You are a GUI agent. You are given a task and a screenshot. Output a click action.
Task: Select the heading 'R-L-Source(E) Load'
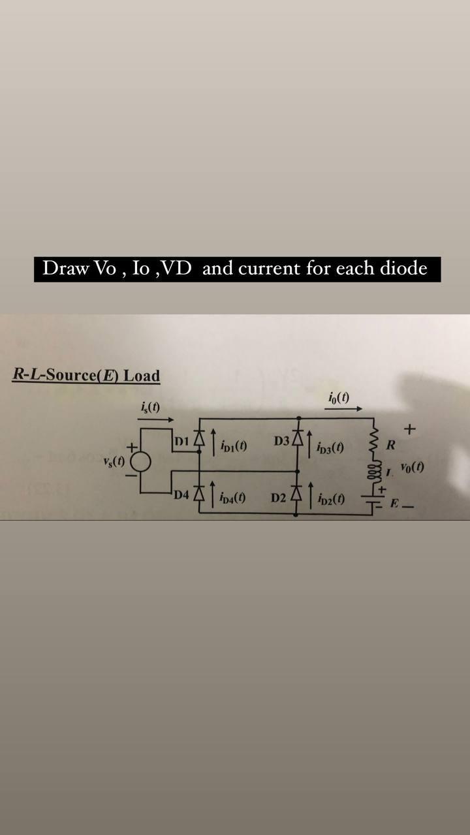click(86, 376)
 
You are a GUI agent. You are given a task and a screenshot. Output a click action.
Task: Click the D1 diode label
click(182, 441)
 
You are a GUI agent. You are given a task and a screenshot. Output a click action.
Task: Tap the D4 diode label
click(181, 494)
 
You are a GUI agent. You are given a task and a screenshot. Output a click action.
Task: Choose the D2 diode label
click(279, 499)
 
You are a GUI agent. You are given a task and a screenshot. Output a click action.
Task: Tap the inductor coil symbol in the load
click(375, 471)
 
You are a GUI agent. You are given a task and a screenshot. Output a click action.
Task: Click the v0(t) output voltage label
click(413, 467)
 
